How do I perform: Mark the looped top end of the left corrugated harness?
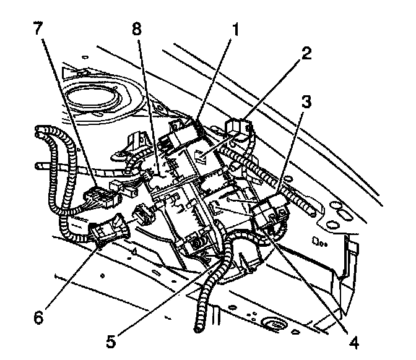(43, 131)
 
